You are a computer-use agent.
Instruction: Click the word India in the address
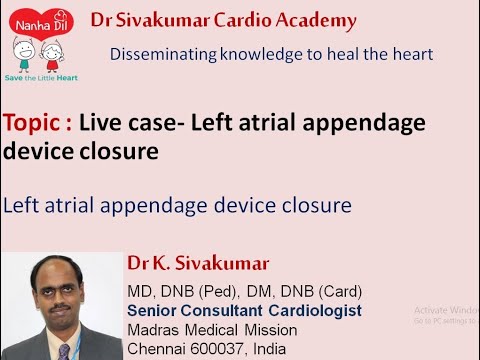[x=267, y=349]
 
